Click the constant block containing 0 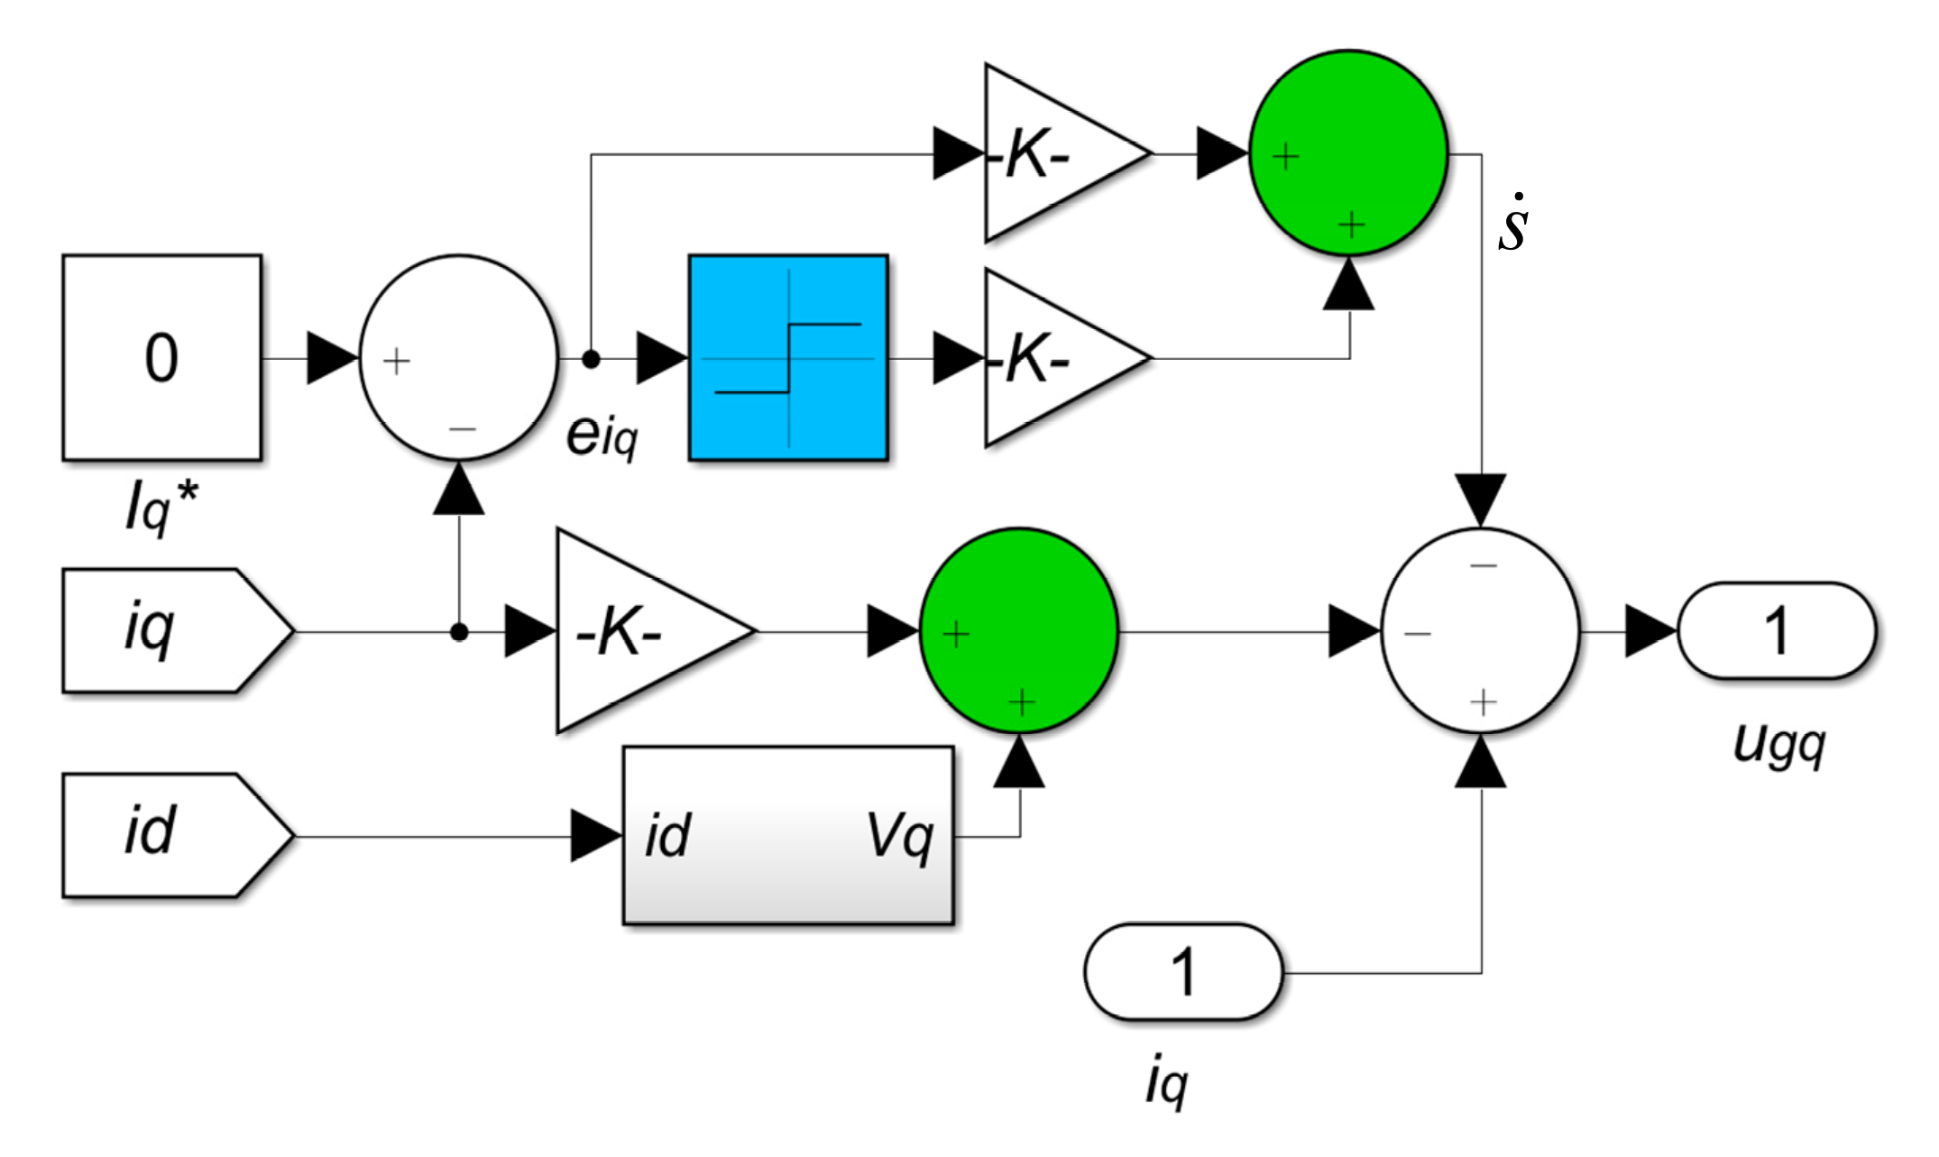[x=162, y=358]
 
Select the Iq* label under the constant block [x=161, y=508]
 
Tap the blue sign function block [x=788, y=358]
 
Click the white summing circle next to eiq [x=459, y=358]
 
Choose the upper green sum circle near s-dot [x=1349, y=153]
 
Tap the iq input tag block [x=171, y=631]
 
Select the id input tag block [x=171, y=835]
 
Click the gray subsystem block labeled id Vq [x=787, y=835]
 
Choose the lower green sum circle [x=1019, y=631]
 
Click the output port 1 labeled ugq [x=1776, y=631]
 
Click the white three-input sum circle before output [x=1481, y=631]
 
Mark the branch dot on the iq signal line [x=459, y=632]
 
